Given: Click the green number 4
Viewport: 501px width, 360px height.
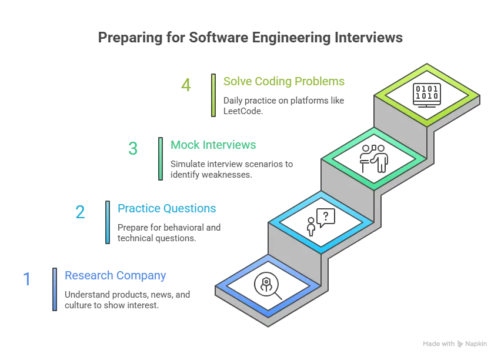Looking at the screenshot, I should [x=186, y=86].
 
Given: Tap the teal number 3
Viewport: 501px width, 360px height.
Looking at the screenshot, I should [x=133, y=149].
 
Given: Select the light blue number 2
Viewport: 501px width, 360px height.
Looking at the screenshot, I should [x=81, y=212].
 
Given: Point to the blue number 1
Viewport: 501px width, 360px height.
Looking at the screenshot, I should [x=27, y=278].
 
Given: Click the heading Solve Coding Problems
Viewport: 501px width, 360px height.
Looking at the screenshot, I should [x=283, y=82].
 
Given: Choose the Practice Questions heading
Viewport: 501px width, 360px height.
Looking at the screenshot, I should [x=166, y=208].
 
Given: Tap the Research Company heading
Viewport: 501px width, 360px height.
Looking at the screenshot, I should [x=115, y=276].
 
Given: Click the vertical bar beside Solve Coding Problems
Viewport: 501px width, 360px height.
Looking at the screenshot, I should [x=213, y=94].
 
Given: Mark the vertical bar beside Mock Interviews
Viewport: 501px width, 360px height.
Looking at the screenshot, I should [x=161, y=158].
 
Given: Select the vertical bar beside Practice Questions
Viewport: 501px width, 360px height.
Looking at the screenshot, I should [x=108, y=221].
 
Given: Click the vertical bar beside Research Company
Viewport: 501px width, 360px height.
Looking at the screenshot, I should [x=55, y=288].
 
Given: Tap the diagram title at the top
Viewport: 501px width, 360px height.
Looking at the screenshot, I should [x=249, y=36].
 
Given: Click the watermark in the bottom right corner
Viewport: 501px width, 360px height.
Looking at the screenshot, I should [x=456, y=343].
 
